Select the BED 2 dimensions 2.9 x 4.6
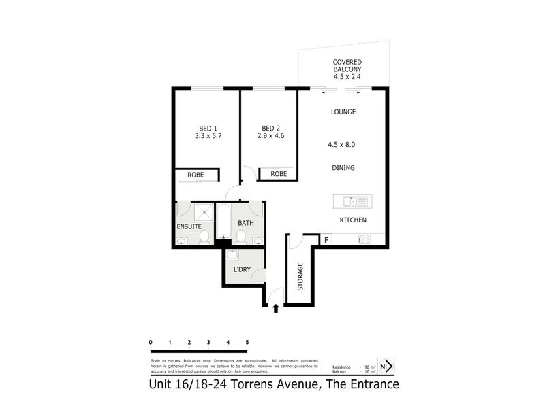click(x=271, y=136)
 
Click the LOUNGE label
click(x=343, y=112)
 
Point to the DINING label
click(x=343, y=167)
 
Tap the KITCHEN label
click(x=354, y=220)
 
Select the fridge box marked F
click(x=326, y=239)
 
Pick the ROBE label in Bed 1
click(x=196, y=175)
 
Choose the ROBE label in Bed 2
click(x=278, y=174)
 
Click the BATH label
click(x=245, y=223)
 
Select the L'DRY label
click(x=242, y=270)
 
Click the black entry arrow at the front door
click(x=275, y=309)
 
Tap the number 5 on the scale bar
click(x=247, y=342)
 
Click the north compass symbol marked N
click(x=386, y=367)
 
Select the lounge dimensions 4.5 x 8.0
click(x=342, y=144)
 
